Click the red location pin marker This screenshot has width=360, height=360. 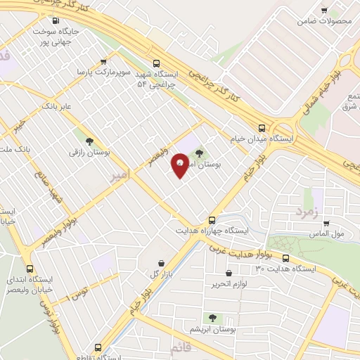180,165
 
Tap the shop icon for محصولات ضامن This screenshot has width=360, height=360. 324,11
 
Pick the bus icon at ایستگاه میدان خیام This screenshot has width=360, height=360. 262,128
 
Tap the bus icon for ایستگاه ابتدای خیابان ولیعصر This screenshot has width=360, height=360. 30,269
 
